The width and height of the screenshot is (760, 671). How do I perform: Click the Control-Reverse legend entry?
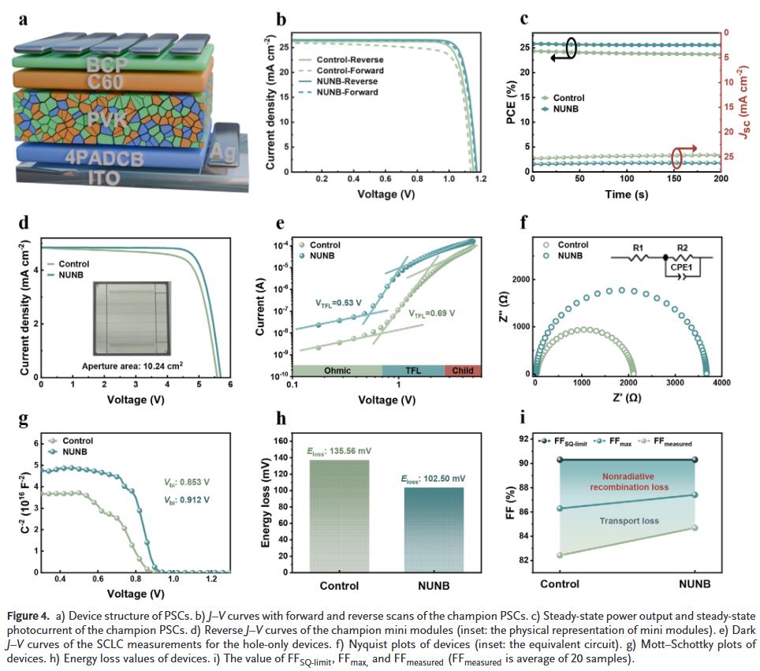coord(348,59)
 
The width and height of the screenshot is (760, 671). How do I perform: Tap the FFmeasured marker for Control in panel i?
coord(561,555)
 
